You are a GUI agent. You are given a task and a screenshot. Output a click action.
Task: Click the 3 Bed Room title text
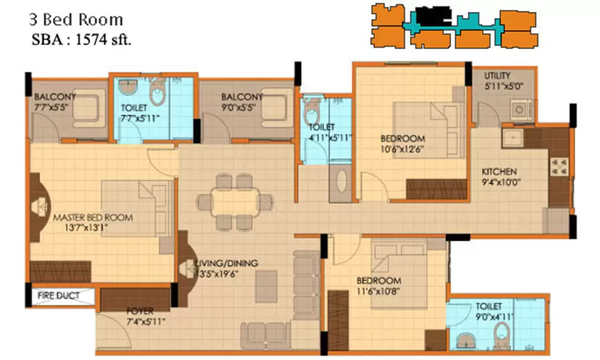76,20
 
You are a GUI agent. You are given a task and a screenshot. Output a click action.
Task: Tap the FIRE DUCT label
58,296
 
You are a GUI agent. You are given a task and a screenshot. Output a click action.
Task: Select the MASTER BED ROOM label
92,217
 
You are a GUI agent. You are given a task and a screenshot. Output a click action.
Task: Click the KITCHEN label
499,172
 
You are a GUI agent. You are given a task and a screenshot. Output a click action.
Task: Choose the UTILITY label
497,76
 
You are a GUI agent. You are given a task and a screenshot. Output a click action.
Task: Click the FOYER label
140,311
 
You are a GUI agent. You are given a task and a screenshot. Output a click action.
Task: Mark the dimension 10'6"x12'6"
403,149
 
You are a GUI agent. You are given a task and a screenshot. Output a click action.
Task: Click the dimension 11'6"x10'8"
379,292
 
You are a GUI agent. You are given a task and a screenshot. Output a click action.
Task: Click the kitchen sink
512,139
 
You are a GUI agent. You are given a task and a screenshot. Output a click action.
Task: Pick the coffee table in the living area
266,286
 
